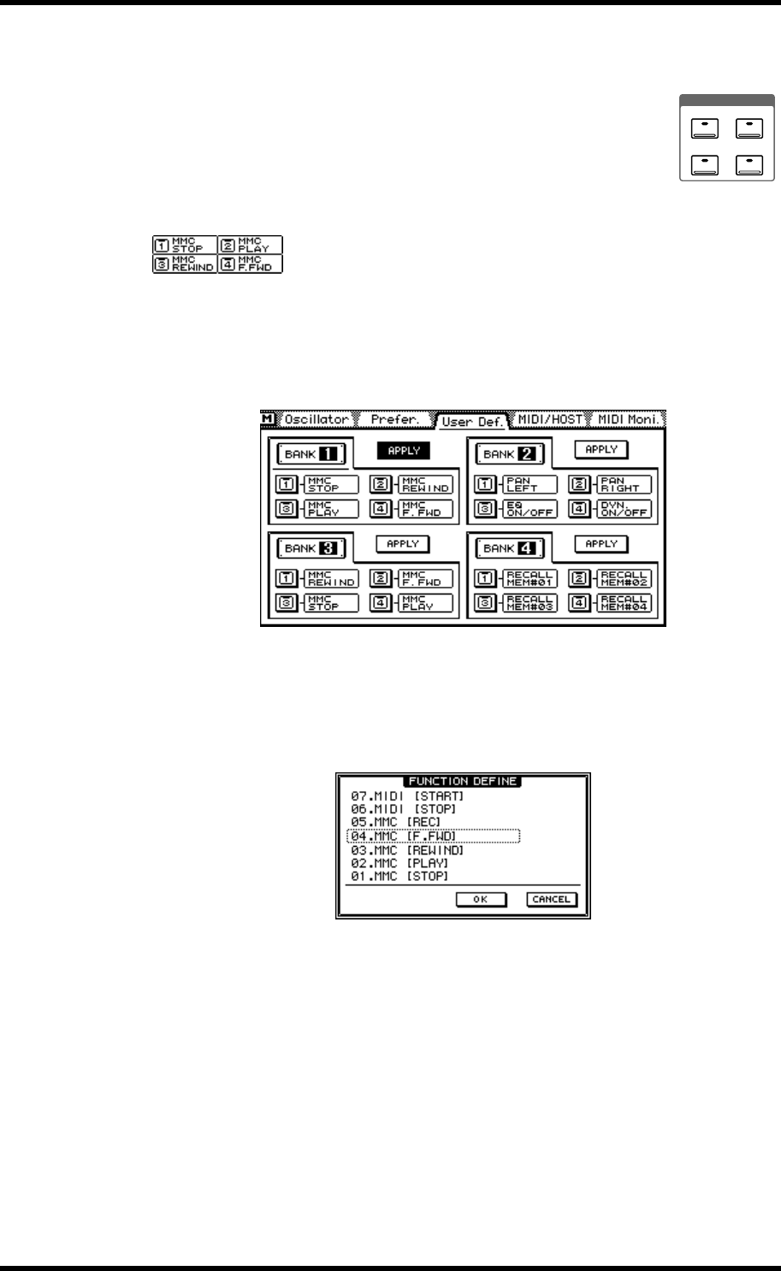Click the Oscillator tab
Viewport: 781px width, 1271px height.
click(317, 420)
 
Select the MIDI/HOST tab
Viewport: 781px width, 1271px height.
click(549, 420)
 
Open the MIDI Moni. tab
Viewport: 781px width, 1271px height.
click(629, 420)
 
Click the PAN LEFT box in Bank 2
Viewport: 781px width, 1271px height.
click(530, 485)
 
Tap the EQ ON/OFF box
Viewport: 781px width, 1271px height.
click(530, 510)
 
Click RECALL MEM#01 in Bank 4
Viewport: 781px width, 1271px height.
click(530, 578)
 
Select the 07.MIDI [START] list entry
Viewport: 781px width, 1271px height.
click(407, 796)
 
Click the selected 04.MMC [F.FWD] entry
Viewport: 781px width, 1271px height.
click(433, 836)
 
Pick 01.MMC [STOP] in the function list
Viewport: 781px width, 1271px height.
click(400, 876)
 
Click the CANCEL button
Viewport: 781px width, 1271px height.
click(552, 899)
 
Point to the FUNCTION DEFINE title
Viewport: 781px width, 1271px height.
click(463, 781)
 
